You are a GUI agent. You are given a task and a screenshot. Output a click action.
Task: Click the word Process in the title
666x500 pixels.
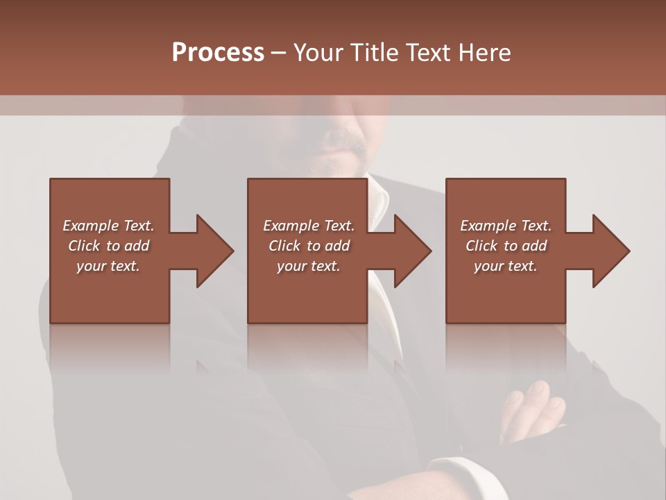218,52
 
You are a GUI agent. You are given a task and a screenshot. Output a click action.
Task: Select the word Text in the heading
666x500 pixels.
427,52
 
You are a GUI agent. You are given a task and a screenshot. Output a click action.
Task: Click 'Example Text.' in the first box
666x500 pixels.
108,226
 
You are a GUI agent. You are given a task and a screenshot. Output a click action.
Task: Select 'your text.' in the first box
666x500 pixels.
108,266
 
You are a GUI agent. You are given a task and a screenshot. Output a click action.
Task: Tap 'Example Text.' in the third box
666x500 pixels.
506,226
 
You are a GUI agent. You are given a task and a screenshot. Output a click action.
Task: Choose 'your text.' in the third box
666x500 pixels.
506,266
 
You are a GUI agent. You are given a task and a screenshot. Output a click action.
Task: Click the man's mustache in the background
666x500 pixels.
345,142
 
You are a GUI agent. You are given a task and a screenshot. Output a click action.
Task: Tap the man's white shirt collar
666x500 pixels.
378,198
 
